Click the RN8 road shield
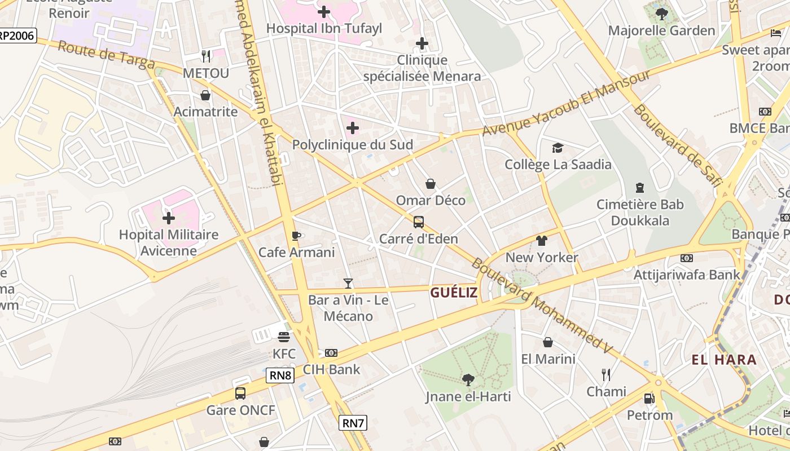tap(280, 375)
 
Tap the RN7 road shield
tap(353, 422)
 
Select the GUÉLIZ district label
tap(454, 292)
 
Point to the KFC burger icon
tap(284, 337)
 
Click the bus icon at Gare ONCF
tap(240, 393)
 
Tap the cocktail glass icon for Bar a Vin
tap(348, 283)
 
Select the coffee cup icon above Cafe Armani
tap(296, 236)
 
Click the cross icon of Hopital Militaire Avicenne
tap(168, 218)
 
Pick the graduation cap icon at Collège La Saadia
tap(558, 148)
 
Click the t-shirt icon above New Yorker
tap(542, 241)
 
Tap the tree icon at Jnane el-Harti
tap(468, 379)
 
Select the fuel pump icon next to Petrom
tap(649, 399)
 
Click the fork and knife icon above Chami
tap(606, 374)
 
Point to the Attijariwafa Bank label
tap(687, 275)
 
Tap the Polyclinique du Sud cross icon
tap(352, 128)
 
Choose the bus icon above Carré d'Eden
tap(418, 222)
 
